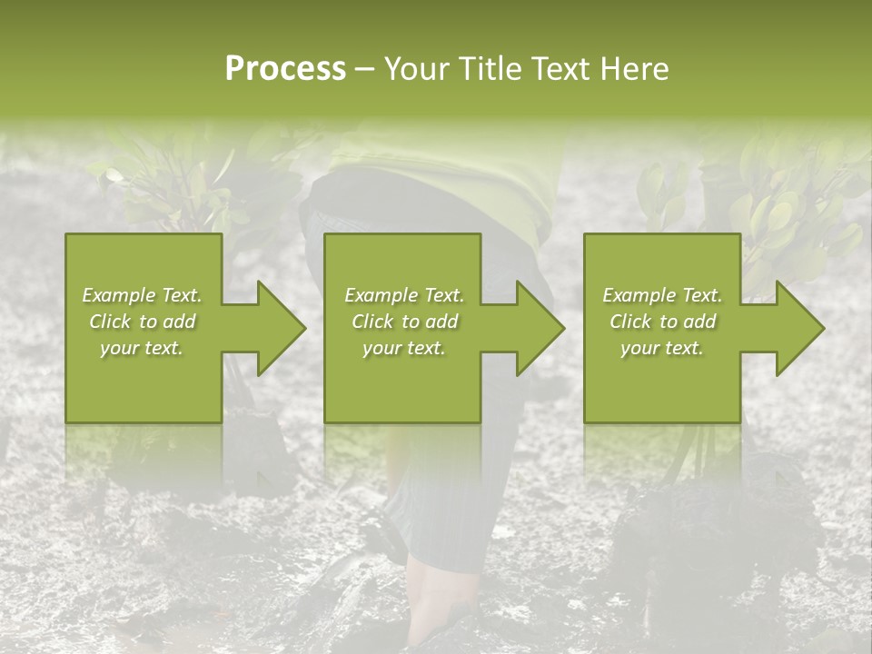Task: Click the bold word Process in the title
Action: click(285, 69)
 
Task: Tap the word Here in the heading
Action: click(633, 69)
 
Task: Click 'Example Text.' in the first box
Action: click(143, 295)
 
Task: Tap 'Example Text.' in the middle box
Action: click(404, 295)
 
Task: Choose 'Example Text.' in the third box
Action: click(662, 295)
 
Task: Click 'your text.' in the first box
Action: click(143, 348)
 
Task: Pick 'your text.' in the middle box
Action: click(404, 348)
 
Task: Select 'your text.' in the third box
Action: click(662, 348)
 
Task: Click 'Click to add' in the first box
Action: click(143, 322)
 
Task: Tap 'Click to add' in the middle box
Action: click(404, 322)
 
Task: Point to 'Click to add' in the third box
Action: click(662, 322)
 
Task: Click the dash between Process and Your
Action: click(364, 70)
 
